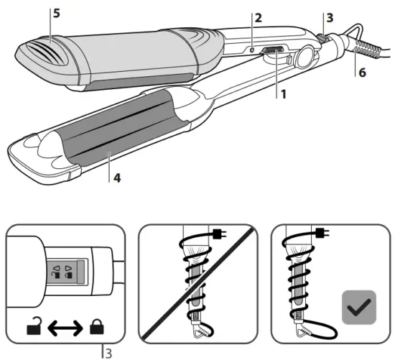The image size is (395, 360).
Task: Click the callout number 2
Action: pos(257,17)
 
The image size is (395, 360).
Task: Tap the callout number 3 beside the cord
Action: pos(330,17)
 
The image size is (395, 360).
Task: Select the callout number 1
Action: pos(284,93)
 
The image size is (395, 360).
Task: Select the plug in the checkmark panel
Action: pos(323,231)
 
